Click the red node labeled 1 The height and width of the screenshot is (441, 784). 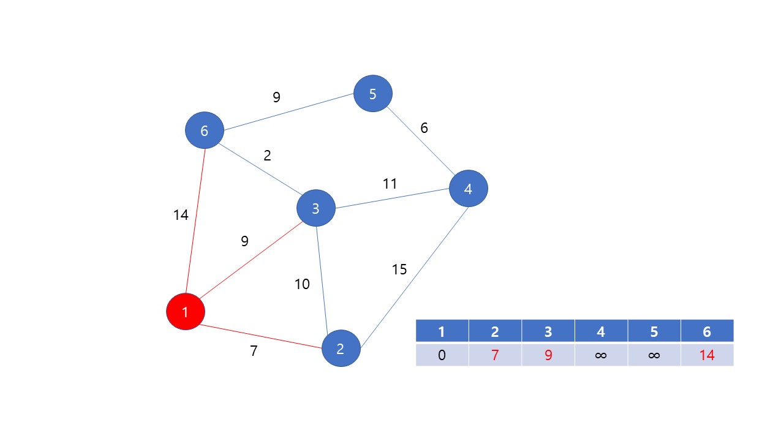186,311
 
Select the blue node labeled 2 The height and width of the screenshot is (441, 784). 341,348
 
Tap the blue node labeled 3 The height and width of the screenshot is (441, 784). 315,208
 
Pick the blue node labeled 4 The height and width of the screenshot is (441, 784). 468,189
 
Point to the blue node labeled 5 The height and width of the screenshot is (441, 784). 372,94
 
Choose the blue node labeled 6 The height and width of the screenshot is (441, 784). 205,130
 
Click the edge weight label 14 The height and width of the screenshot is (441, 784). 181,215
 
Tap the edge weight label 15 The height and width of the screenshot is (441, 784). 399,269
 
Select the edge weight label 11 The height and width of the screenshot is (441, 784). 390,184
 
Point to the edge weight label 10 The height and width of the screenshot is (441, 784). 302,284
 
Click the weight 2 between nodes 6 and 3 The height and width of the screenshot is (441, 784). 267,156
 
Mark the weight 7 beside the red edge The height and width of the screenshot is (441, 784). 254,351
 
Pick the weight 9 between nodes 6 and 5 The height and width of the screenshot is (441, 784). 276,97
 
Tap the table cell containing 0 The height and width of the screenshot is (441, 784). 442,355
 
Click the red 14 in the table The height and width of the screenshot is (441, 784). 707,355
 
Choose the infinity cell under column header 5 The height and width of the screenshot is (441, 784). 654,355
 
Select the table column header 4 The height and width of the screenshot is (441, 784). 601,331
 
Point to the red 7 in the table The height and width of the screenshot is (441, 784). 495,355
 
